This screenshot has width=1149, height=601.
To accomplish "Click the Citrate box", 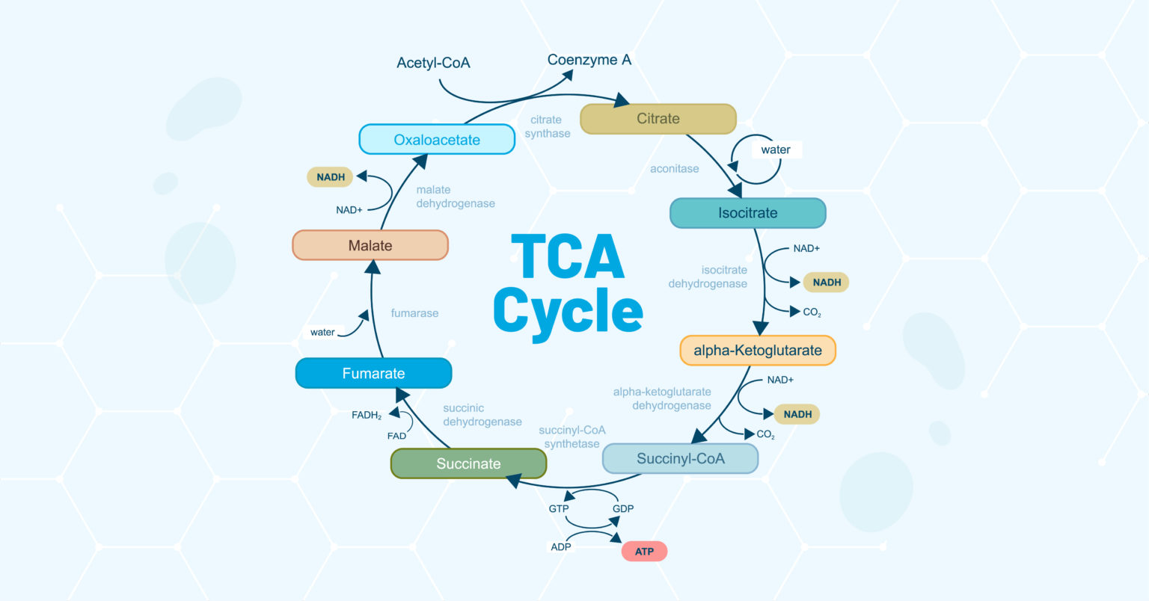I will pyautogui.click(x=658, y=119).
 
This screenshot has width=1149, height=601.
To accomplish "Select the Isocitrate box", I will pyautogui.click(x=747, y=213).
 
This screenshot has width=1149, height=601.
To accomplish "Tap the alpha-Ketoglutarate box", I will pyautogui.click(x=757, y=351).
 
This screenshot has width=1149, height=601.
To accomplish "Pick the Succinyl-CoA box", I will pyautogui.click(x=680, y=458).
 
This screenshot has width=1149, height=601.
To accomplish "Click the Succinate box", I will pyautogui.click(x=468, y=463).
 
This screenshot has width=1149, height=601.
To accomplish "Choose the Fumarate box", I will pyautogui.click(x=373, y=373).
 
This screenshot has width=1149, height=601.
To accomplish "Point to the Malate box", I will pyautogui.click(x=370, y=245).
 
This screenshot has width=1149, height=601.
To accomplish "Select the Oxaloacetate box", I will pyautogui.click(x=437, y=140).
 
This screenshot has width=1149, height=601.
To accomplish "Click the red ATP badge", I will pyautogui.click(x=644, y=552).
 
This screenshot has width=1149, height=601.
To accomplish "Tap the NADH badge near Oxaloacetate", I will pyautogui.click(x=331, y=177).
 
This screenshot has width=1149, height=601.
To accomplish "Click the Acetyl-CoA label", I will pyautogui.click(x=433, y=63).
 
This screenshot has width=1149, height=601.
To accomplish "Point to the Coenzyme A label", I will pyautogui.click(x=589, y=60).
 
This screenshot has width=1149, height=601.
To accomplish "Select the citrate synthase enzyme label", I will pyautogui.click(x=547, y=126).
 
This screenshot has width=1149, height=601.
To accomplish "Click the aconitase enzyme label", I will pyautogui.click(x=674, y=169).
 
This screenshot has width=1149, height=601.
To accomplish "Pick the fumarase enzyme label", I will pyautogui.click(x=414, y=313).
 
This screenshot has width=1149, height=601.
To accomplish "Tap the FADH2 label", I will pyautogui.click(x=367, y=415).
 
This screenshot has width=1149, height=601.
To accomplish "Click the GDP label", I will pyautogui.click(x=623, y=508).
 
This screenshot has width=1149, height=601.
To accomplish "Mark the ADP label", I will pyautogui.click(x=561, y=546).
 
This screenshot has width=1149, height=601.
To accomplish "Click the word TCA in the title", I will pyautogui.click(x=567, y=257).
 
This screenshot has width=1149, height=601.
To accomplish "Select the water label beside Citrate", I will pyautogui.click(x=776, y=150).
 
